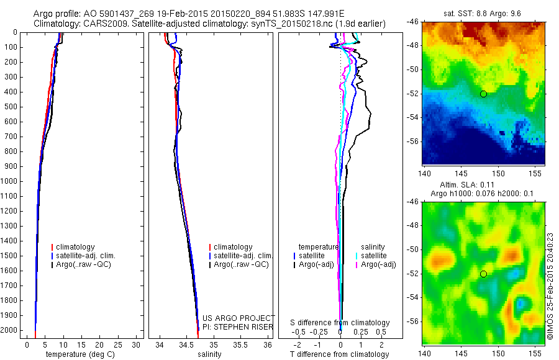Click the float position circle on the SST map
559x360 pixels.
(483, 94)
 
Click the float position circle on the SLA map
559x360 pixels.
(483, 274)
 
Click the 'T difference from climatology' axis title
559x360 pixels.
(340, 354)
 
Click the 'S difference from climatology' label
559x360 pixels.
(340, 323)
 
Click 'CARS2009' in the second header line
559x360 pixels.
(103, 24)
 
